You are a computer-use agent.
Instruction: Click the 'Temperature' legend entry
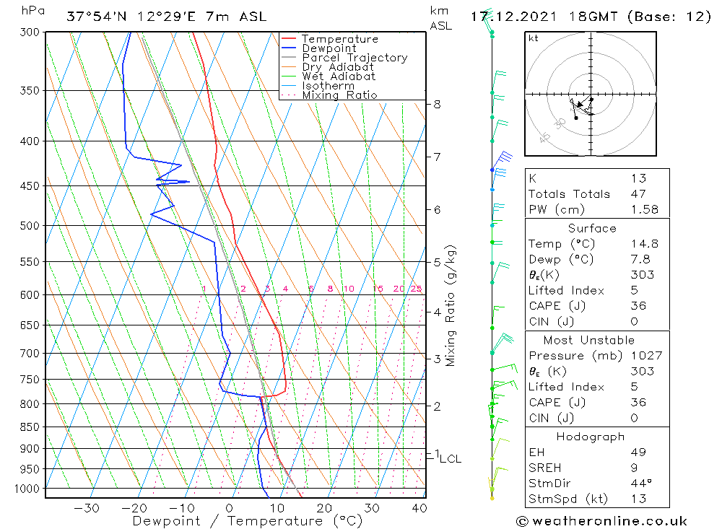point(339,39)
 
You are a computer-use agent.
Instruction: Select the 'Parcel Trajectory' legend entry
point(355,58)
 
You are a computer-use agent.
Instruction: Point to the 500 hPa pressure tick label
point(30,226)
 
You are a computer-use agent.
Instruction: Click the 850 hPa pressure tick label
point(30,427)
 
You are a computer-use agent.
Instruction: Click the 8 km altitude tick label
point(437,104)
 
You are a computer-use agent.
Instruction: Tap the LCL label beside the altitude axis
point(450,458)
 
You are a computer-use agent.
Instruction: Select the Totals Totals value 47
point(638,193)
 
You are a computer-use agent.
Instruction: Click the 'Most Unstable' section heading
point(589,340)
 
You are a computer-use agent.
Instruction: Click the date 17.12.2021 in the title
point(509,16)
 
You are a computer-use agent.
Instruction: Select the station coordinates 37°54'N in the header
point(95,16)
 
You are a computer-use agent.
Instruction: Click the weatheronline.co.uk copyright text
point(601,521)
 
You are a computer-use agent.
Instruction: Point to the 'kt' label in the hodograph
point(533,38)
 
